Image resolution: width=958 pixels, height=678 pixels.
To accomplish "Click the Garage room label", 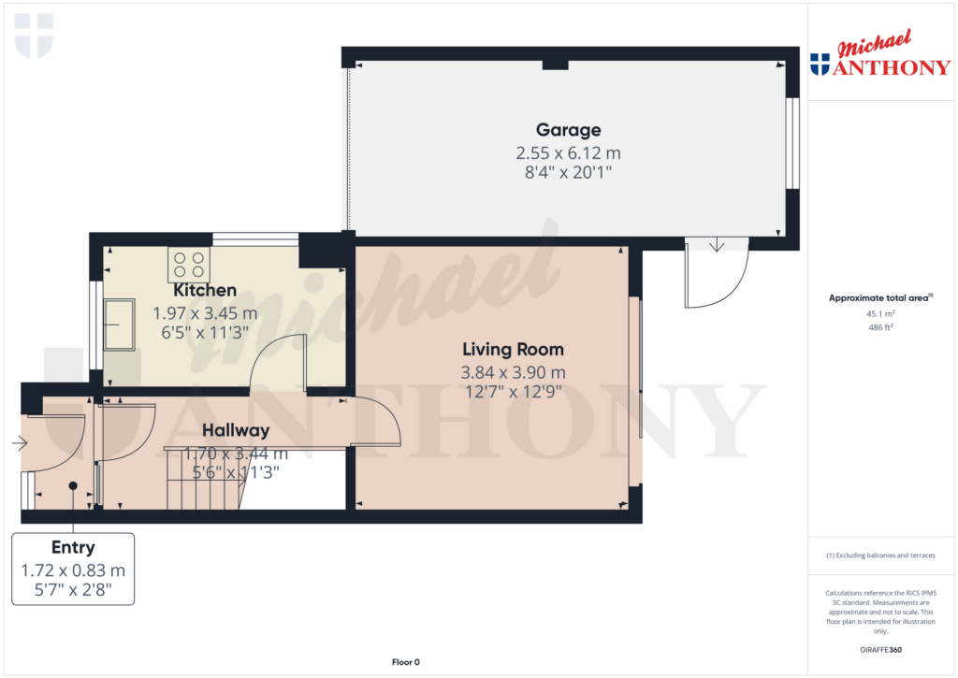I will pyautogui.click(x=568, y=130).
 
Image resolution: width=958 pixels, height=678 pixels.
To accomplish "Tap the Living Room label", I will pyautogui.click(x=513, y=350).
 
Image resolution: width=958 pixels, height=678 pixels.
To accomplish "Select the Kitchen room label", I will pyautogui.click(x=204, y=290).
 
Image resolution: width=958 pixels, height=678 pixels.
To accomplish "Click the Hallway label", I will pyautogui.click(x=236, y=430).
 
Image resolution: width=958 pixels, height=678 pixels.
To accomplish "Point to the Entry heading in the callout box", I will pyautogui.click(x=72, y=548).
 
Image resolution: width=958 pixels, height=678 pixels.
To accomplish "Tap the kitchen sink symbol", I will pyautogui.click(x=119, y=324).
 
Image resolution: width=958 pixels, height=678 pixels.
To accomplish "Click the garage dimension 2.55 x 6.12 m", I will pyautogui.click(x=568, y=152).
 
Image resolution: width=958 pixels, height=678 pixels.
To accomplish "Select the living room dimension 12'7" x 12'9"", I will pyautogui.click(x=513, y=392).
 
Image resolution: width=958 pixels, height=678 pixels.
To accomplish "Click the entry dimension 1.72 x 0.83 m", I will pyautogui.click(x=72, y=570).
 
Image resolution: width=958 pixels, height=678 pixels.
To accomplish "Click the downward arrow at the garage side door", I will pyautogui.click(x=717, y=245).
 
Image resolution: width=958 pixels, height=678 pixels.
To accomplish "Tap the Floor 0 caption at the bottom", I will pyautogui.click(x=405, y=662).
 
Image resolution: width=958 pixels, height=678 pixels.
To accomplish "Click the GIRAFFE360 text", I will pyautogui.click(x=879, y=650).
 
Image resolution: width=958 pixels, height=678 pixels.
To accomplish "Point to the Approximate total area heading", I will pyautogui.click(x=878, y=298).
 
